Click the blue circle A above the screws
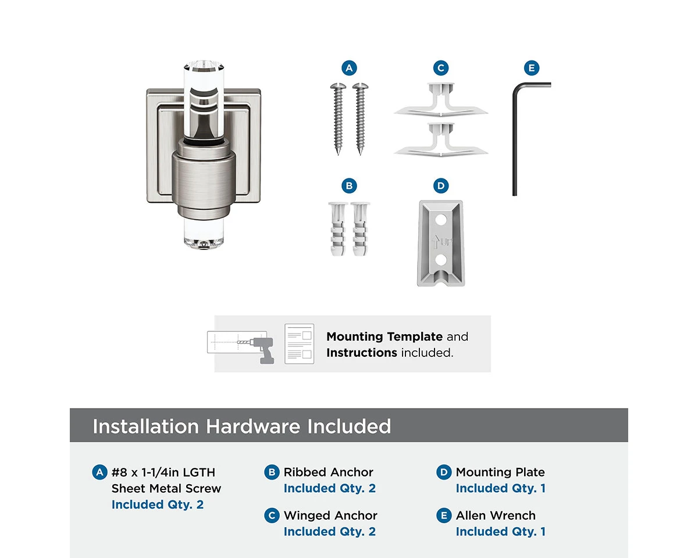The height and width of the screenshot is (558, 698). (x=349, y=68)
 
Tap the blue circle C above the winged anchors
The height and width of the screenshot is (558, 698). (x=441, y=68)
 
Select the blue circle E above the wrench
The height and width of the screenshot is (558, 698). (x=532, y=68)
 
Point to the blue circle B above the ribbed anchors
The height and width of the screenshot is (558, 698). (x=349, y=186)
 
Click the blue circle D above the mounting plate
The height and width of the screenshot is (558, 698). (x=441, y=186)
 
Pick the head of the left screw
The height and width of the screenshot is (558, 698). (x=338, y=86)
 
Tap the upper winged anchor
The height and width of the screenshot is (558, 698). (x=441, y=99)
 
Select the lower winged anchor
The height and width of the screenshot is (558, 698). (x=441, y=139)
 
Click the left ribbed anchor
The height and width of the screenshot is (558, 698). (x=337, y=229)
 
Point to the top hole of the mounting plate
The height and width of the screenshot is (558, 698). (x=441, y=220)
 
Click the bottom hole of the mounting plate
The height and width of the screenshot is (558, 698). (x=441, y=260)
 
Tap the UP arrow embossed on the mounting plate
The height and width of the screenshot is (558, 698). (x=436, y=242)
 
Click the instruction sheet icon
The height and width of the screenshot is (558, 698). (x=299, y=344)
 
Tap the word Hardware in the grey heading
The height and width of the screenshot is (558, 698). (x=253, y=426)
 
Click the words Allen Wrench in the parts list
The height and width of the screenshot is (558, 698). (x=496, y=516)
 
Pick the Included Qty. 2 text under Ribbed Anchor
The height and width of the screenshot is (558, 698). (x=330, y=488)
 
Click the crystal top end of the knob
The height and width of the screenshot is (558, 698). (x=204, y=66)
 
